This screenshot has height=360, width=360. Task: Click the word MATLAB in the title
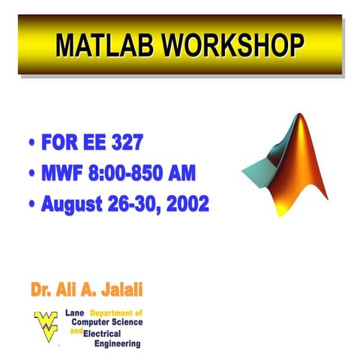coord(104,46)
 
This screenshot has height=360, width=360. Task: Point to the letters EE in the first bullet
coord(91,142)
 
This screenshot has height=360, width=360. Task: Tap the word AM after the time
coord(182,174)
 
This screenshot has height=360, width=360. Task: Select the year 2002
coord(187,204)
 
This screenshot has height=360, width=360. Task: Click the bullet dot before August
coord(32,204)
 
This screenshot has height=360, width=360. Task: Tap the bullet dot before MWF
coord(32,174)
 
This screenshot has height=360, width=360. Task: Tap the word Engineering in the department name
coord(117,343)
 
